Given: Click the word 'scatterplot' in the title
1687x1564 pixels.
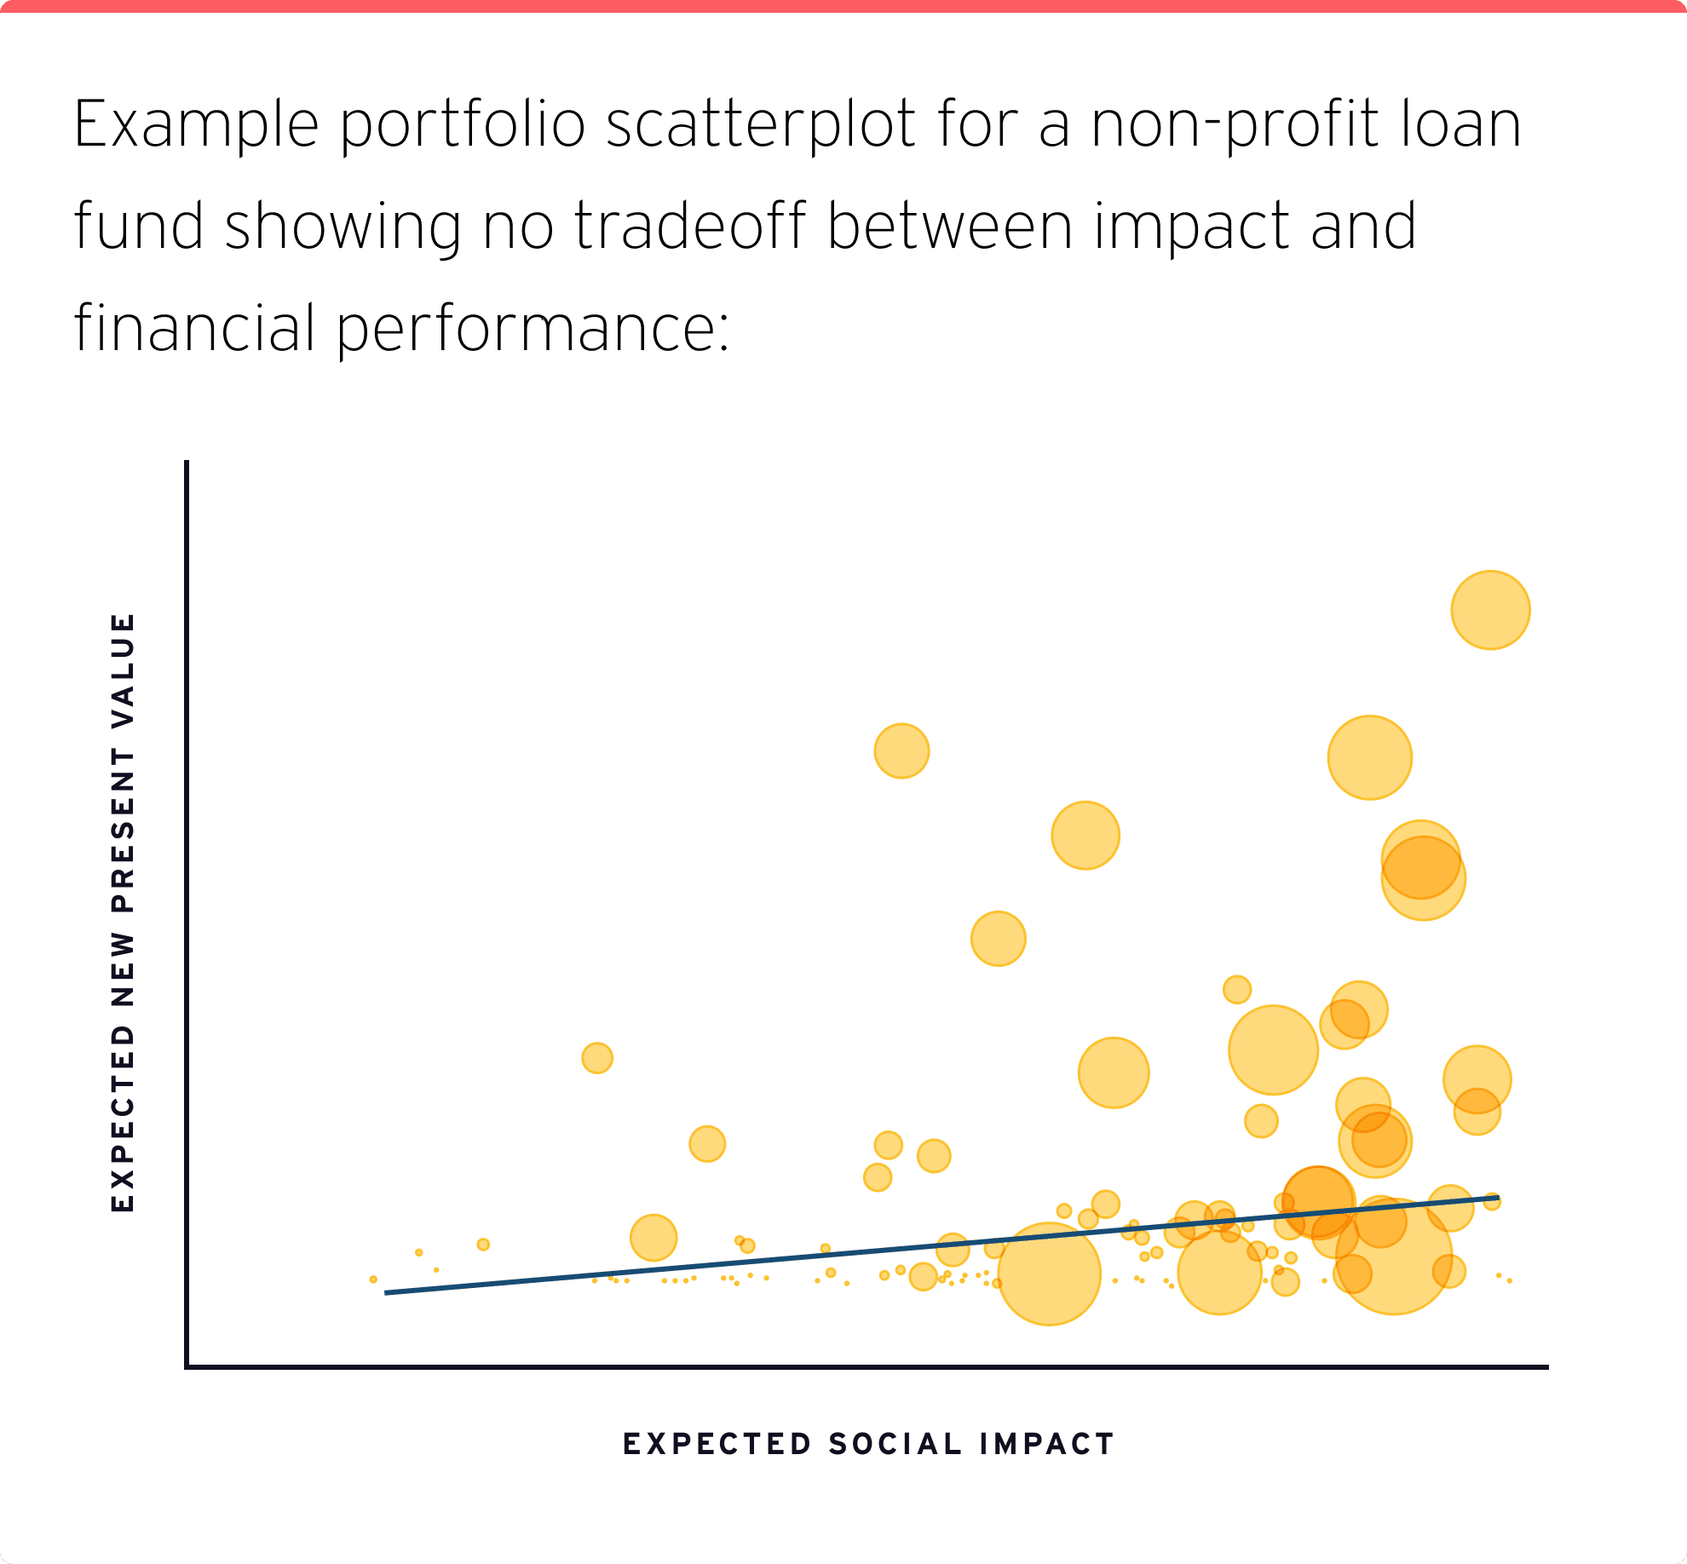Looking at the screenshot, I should point(761,125).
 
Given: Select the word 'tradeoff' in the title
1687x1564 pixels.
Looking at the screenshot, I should point(689,227).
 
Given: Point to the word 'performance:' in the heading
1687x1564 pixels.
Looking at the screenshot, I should point(533,330).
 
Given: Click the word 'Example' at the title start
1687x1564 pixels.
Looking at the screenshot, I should point(196,125).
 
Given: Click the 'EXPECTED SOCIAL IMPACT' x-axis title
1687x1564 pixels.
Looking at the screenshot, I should point(868,1444).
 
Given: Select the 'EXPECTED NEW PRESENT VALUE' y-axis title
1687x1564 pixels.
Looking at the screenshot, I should point(124,911).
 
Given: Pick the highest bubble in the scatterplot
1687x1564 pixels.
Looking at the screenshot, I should point(1490,610).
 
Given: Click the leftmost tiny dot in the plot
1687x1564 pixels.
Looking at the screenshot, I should point(373,1279).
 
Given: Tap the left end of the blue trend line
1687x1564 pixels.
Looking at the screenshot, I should point(387,1292).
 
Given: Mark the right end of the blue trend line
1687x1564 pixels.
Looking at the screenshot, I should point(1497,1198).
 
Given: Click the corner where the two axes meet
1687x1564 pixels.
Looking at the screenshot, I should point(187,1366).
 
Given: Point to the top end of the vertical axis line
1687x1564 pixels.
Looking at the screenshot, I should point(187,463).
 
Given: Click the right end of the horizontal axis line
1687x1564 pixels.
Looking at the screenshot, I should point(1546,1366).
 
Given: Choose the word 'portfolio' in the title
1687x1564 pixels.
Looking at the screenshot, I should point(463,125).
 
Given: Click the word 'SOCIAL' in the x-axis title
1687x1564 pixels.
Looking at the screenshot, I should point(895,1444).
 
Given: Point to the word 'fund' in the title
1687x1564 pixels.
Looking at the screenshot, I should point(138,227).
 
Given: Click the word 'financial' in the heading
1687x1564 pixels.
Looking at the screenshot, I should point(194,330).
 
